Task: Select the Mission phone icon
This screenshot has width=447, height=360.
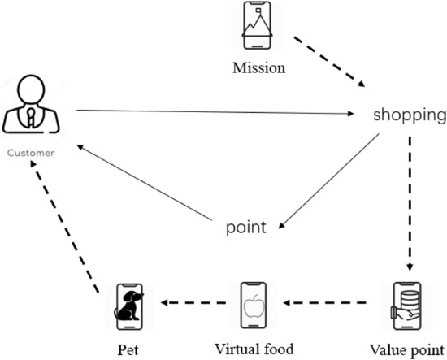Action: pyautogui.click(x=257, y=28)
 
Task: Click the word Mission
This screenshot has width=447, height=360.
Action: pyautogui.click(x=259, y=68)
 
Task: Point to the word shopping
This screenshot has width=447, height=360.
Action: pyautogui.click(x=409, y=115)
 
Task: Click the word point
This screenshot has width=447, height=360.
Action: pyautogui.click(x=245, y=228)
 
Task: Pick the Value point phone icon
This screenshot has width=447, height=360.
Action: pyautogui.click(x=404, y=306)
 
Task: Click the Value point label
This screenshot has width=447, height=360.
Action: pyautogui.click(x=405, y=349)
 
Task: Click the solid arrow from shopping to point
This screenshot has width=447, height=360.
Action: pyautogui.click(x=330, y=176)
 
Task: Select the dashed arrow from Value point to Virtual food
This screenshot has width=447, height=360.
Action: pyautogui.click(x=334, y=304)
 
